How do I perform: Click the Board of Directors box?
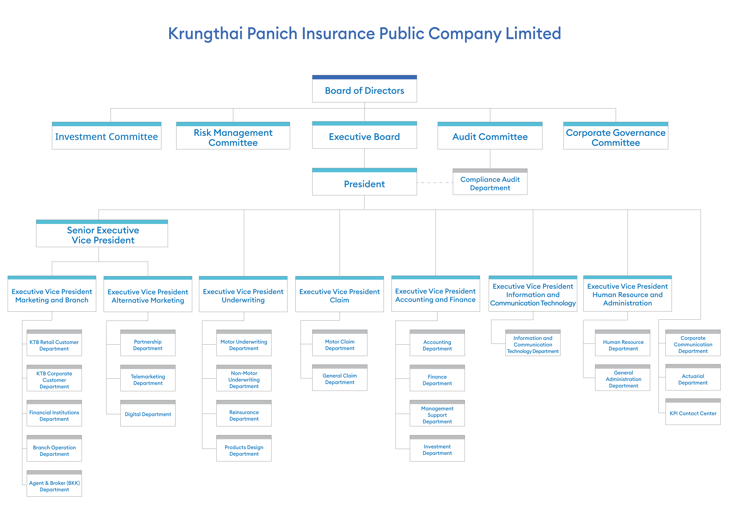364,89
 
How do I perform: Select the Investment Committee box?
106,136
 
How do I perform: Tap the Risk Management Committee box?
233,136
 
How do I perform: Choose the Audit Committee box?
490,136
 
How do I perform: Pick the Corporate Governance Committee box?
616,136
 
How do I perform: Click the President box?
364,182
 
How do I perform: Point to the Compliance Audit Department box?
490,182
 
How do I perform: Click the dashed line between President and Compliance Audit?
435,183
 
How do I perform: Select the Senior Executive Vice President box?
102,233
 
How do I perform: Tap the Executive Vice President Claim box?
339,294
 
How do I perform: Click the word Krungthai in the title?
205,34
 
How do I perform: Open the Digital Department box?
148,413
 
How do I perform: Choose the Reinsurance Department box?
244,413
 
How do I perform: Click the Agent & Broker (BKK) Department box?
54,483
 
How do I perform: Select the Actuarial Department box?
693,377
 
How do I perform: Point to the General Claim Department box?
340,378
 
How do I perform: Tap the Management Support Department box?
437,413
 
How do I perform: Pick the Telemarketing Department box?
148,378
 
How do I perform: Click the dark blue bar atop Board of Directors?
364,77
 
